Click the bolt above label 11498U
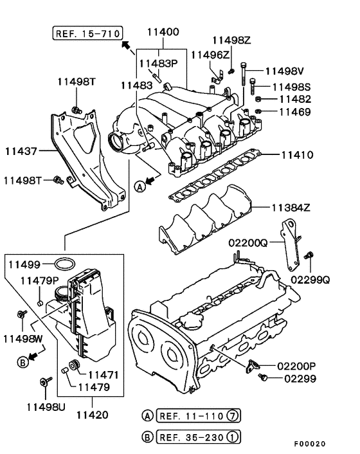tap(45, 381)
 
